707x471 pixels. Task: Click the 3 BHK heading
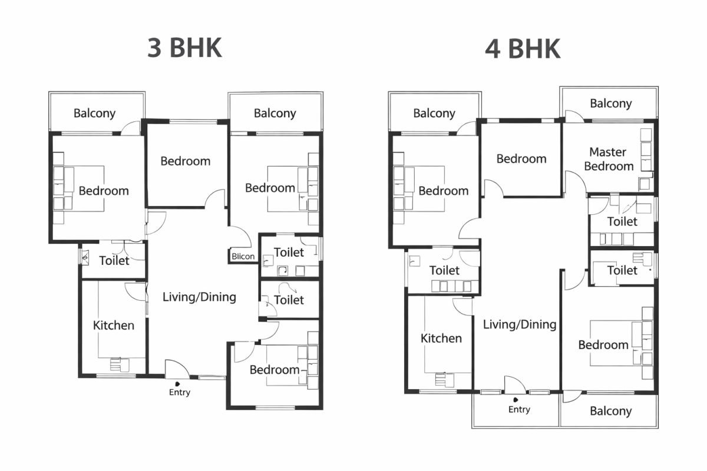coord(184,48)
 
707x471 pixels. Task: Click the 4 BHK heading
coord(522,49)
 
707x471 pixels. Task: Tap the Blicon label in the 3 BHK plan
coord(243,256)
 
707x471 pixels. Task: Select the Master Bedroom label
coord(608,159)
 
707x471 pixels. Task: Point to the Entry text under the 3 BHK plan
coord(180,392)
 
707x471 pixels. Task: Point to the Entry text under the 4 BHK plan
coord(519,409)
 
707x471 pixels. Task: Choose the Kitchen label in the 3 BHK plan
coord(114,325)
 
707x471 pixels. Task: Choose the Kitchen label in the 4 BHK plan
coord(441,339)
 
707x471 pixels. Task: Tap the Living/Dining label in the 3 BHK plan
coord(199,297)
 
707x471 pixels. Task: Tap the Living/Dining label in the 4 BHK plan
coord(520,324)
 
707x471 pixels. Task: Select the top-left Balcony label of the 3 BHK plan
coord(94,113)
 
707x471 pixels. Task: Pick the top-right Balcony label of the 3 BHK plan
coord(275,113)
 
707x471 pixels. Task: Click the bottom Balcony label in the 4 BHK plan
coord(610,411)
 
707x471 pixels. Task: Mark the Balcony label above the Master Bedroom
coord(610,104)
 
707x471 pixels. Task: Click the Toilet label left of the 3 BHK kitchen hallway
coord(114,260)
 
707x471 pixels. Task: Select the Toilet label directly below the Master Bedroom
coord(622,221)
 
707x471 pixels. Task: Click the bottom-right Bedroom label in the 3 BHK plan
coord(275,370)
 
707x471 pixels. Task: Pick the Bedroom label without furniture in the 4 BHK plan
coord(521,158)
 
